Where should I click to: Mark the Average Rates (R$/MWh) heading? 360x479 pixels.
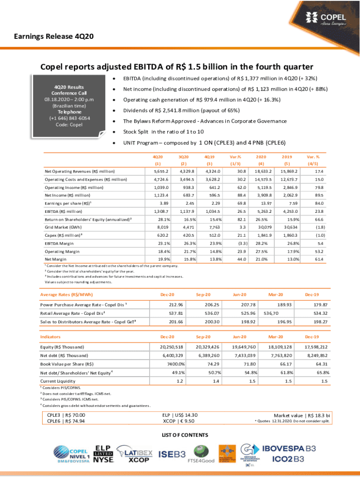66,295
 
